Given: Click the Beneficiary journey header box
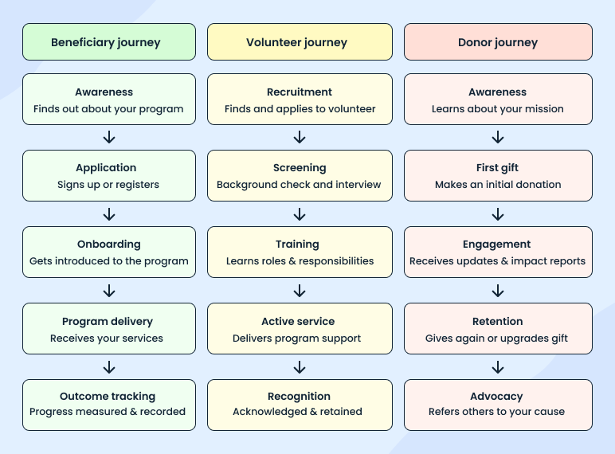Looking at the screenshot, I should (109, 42).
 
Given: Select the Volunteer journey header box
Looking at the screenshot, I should (300, 42).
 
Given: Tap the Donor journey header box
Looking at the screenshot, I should (498, 42).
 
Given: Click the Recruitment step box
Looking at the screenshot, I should (300, 100).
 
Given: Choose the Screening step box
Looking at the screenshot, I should (300, 176).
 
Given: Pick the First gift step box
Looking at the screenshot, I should (498, 176).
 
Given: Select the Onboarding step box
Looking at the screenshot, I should (109, 252).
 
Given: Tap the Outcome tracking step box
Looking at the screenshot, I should (109, 405).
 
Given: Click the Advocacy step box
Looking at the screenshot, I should (498, 405).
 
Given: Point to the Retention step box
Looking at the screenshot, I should (498, 329).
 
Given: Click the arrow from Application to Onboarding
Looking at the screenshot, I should (109, 214).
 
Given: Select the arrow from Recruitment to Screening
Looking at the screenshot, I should (300, 138).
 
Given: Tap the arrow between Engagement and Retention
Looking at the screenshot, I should (498, 291).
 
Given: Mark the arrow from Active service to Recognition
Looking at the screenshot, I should (300, 367).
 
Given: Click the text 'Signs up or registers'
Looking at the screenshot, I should (108, 185).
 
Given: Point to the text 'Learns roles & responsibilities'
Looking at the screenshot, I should (300, 261).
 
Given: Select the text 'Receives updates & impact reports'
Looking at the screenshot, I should (498, 261).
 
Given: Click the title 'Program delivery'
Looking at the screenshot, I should (108, 322).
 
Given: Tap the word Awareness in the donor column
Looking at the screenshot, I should (498, 92).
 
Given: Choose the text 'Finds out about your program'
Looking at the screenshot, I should (108, 109).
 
